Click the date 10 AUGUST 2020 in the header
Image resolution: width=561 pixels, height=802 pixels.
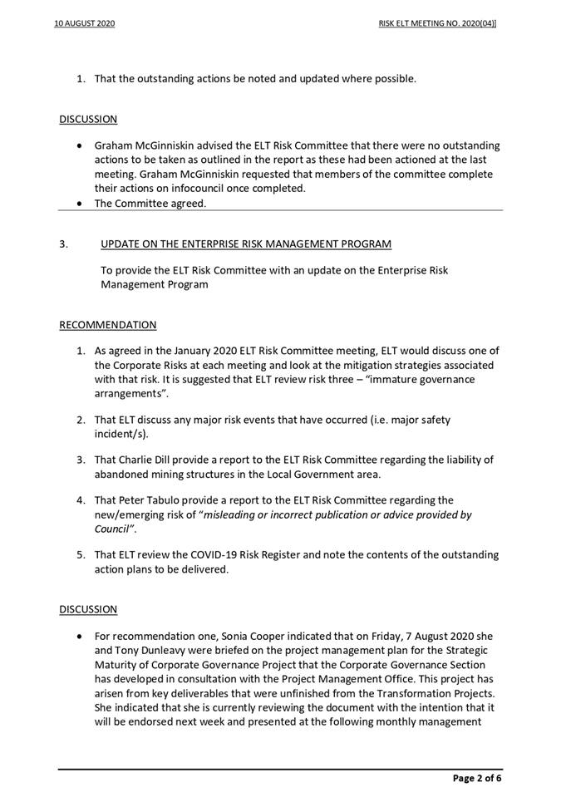(84, 24)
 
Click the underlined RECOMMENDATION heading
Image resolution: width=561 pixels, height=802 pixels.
(107, 324)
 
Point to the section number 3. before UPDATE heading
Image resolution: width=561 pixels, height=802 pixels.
(64, 244)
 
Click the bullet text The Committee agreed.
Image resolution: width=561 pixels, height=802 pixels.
(150, 203)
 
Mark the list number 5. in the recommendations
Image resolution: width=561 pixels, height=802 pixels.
(81, 554)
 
